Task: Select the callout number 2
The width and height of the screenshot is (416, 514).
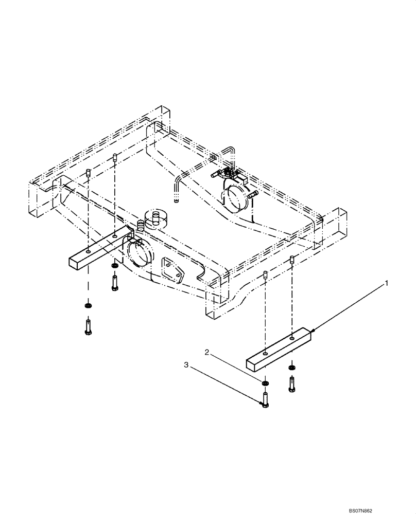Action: click(x=207, y=353)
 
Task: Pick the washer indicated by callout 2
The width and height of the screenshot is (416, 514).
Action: click(x=265, y=383)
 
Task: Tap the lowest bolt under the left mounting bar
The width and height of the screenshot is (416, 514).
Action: click(x=88, y=327)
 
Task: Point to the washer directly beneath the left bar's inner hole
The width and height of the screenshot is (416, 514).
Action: click(x=114, y=266)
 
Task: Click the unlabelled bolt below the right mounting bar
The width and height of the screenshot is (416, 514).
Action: click(x=292, y=384)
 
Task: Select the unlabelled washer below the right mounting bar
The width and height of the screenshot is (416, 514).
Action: click(x=292, y=367)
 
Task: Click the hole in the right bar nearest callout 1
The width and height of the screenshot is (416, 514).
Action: click(x=292, y=338)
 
